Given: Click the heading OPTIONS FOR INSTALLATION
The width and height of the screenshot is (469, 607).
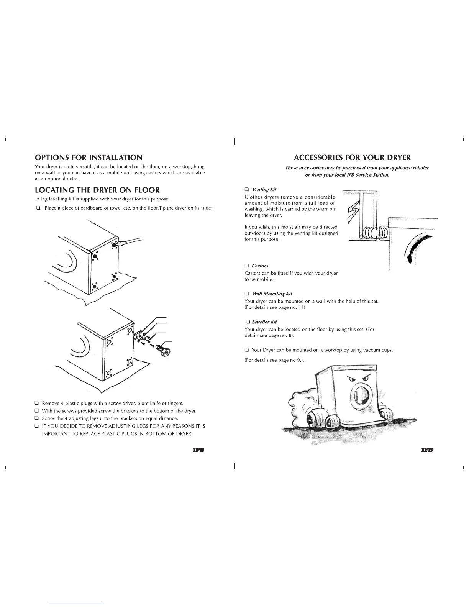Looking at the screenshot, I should [x=89, y=157].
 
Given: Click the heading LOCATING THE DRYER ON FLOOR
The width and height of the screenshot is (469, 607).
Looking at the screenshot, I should [x=97, y=190].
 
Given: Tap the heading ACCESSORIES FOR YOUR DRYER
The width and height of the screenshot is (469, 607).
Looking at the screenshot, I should [x=352, y=157].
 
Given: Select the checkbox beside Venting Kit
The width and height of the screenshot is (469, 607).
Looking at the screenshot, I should [x=247, y=189].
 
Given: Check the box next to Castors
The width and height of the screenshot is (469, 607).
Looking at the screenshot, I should [x=247, y=266].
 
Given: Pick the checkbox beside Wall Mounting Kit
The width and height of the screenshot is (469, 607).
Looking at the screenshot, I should [x=247, y=294].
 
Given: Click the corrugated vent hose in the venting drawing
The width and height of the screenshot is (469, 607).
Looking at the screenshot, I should [x=375, y=233].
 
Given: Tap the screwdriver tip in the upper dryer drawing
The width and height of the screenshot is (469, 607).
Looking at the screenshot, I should [x=115, y=244].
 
